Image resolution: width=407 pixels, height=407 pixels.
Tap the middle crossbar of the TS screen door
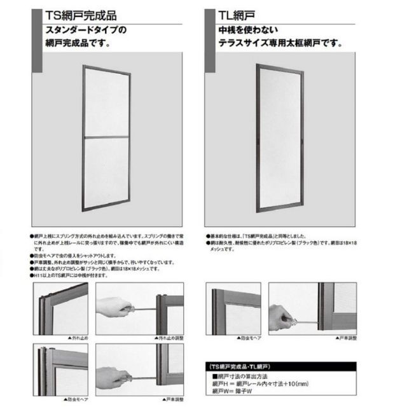pyautogui.click(x=106, y=137)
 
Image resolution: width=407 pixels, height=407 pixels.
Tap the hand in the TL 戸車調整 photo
pyautogui.click(x=280, y=316)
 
